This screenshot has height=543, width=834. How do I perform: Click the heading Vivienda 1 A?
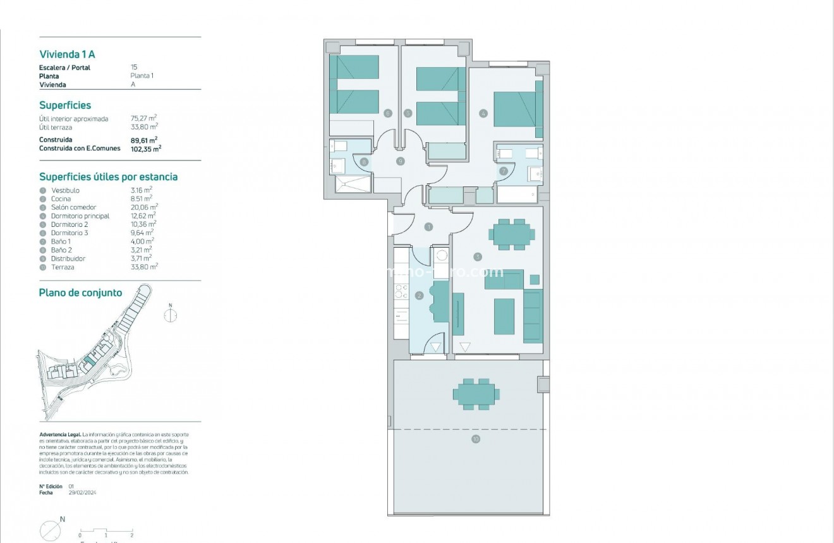coord(67,54)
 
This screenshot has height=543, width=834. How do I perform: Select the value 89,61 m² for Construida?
coord(143,140)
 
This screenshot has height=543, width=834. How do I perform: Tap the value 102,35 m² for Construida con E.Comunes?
coord(145,149)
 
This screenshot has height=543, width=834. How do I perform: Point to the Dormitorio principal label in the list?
coord(80,216)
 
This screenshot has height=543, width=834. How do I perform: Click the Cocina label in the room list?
coord(61,199)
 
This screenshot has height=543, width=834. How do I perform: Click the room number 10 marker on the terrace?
coord(475,439)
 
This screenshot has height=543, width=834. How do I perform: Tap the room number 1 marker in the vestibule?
coord(429,226)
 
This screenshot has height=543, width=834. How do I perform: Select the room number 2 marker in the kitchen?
coord(419,295)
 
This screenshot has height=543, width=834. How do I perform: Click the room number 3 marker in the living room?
coord(478,257)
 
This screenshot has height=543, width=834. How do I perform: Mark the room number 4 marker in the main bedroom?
coord(483,114)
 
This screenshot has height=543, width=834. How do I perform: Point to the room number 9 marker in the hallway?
coord(400,161)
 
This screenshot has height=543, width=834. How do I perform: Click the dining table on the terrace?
coord(476,394)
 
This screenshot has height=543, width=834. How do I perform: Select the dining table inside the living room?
coord(512,234)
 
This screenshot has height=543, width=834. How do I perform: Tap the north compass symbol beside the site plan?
coord(170,314)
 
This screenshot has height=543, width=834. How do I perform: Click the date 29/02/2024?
coord(82,492)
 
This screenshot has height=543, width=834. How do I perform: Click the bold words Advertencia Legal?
coord(60,435)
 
